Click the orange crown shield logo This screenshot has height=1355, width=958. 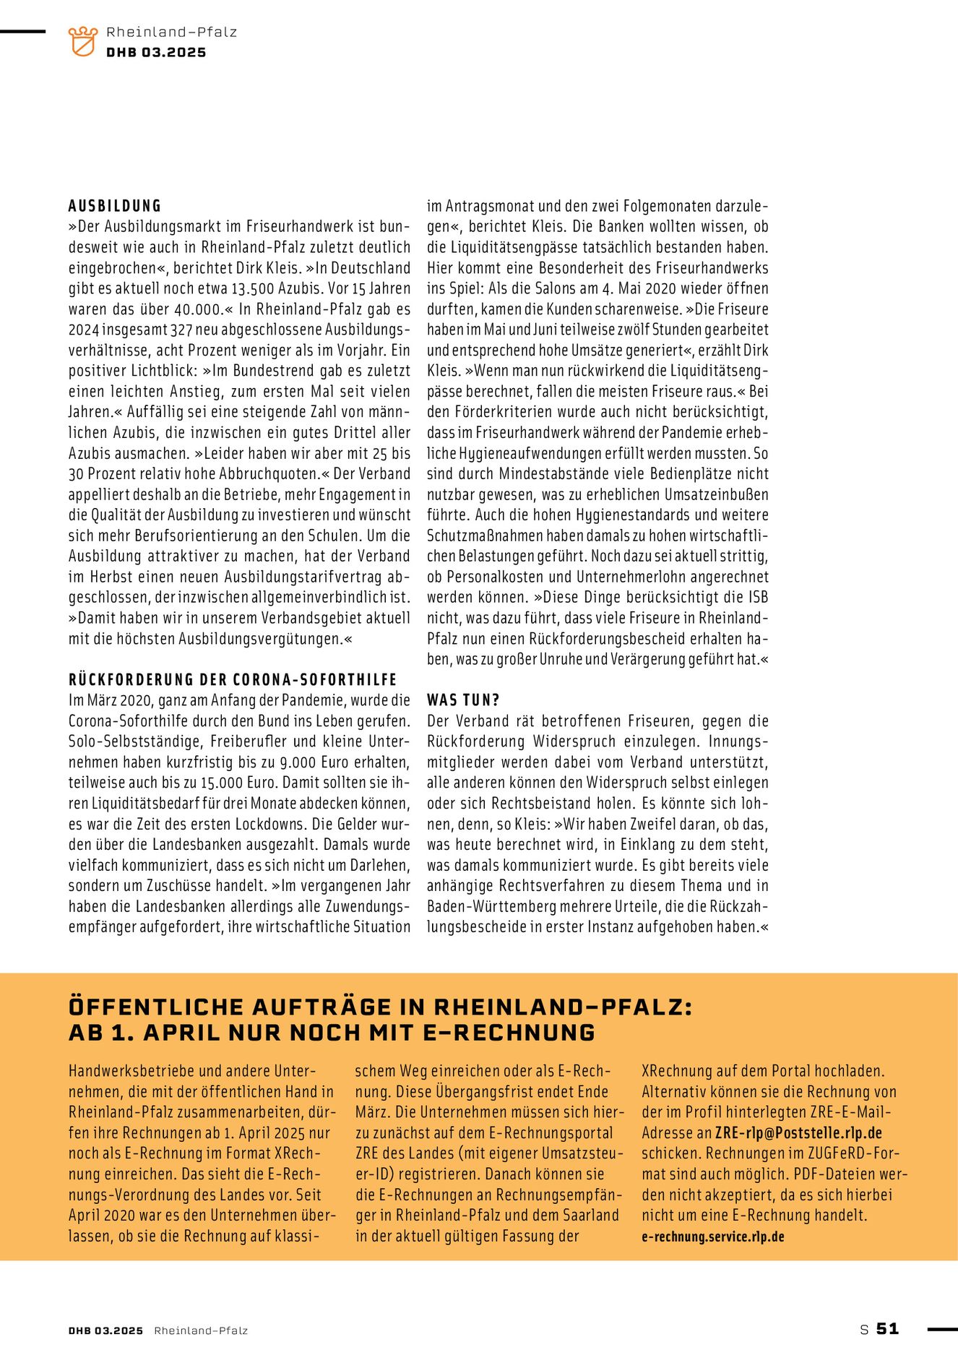[x=82, y=41]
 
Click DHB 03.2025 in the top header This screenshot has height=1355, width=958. [x=156, y=53]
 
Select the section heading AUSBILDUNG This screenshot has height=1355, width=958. [x=115, y=206]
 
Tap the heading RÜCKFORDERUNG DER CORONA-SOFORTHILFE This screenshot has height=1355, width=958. [x=233, y=680]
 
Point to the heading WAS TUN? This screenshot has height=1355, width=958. [x=463, y=700]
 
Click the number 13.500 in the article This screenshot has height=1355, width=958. [x=254, y=288]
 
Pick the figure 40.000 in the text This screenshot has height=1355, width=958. [x=199, y=309]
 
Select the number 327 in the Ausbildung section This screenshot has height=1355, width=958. [x=180, y=330]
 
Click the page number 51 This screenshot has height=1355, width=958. [x=887, y=1329]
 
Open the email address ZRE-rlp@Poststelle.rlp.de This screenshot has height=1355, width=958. [x=798, y=1133]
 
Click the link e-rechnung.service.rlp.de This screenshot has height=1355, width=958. [x=712, y=1236]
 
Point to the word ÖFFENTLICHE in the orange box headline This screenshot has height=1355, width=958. [x=156, y=1007]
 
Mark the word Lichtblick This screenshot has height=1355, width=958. [x=162, y=371]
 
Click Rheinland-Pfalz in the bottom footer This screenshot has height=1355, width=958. [x=201, y=1330]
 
